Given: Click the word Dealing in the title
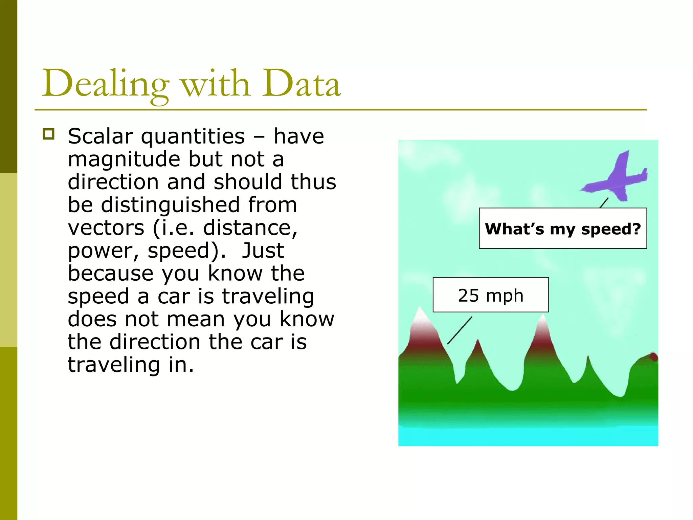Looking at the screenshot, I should pos(105,84).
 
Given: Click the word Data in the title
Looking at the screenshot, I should pos(301,84).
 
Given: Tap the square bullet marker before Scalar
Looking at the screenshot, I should pos(49,134).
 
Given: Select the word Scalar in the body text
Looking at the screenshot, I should pos(100,136).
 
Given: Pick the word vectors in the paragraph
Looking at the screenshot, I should pos(106,228).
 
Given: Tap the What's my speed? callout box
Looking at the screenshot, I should pos(563,229).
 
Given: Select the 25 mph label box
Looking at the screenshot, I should pos(490,295).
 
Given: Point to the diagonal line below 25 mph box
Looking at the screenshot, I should pos(460,330).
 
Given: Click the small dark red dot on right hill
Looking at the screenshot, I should pos(653,357).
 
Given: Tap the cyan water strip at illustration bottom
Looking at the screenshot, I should pos(528,436).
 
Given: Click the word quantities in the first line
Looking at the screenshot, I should pos(193,137).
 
